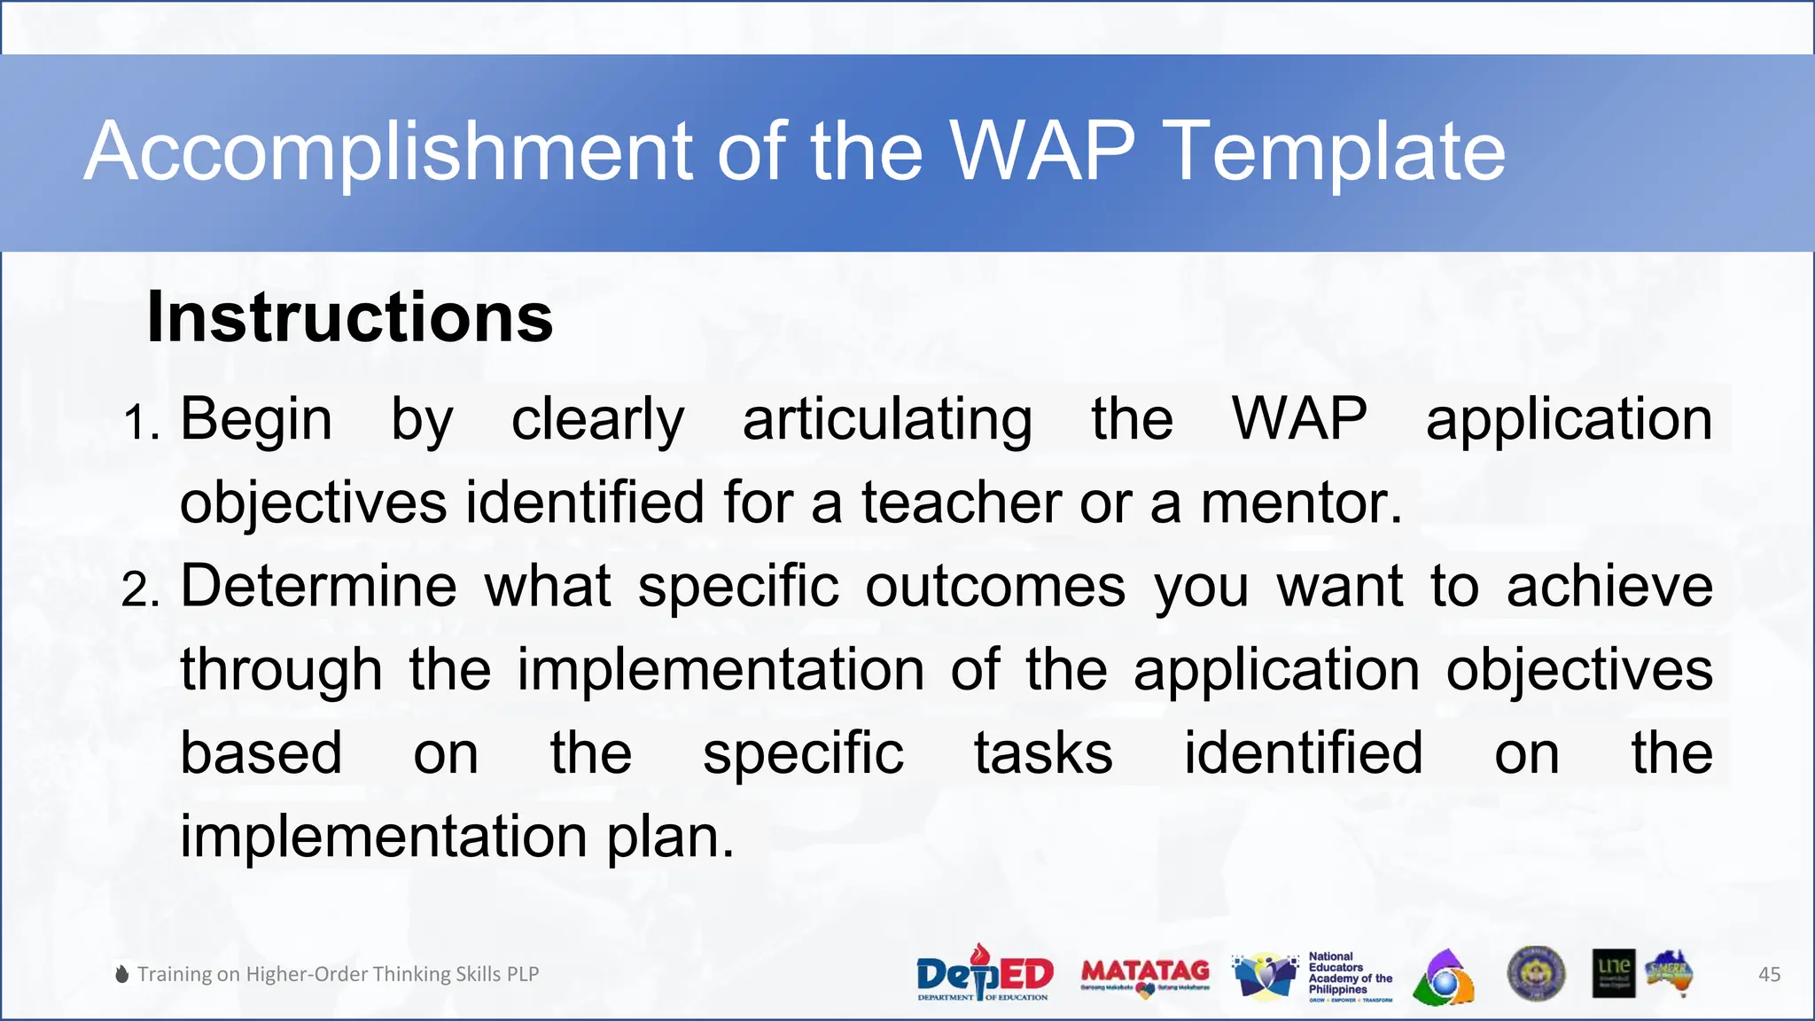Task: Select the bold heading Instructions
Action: coord(349,317)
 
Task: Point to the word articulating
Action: coord(887,419)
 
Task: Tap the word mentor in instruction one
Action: coord(1301,503)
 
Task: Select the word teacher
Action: coord(961,503)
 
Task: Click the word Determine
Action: coord(319,586)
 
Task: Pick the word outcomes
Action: coord(995,586)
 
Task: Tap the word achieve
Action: coord(1609,586)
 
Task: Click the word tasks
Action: coord(1043,753)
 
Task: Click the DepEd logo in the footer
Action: coord(984,973)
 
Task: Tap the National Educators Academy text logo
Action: coord(1349,975)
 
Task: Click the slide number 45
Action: coord(1769,974)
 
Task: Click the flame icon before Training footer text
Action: coord(122,974)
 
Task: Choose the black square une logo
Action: coord(1613,973)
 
